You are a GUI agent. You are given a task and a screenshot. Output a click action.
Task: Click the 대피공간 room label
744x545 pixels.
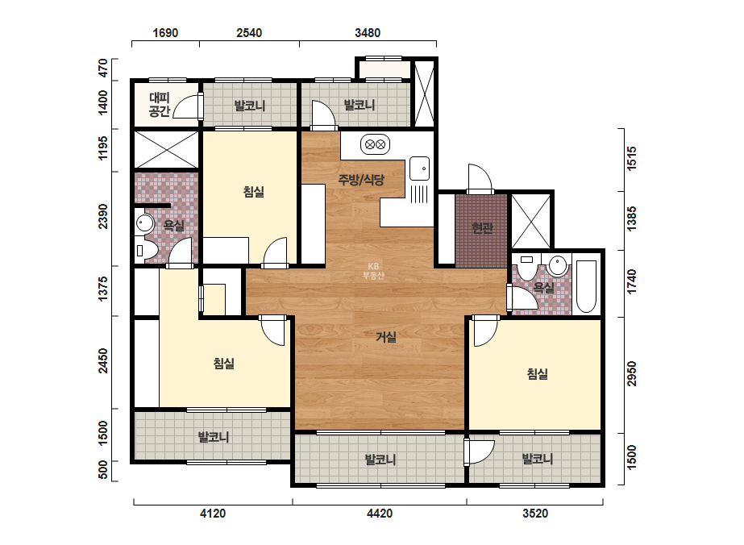(160, 105)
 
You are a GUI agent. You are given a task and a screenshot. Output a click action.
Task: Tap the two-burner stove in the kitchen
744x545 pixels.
(376, 144)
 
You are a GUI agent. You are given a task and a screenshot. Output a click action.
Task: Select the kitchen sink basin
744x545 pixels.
(419, 168)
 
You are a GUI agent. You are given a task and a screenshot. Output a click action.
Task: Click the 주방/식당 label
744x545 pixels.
(361, 180)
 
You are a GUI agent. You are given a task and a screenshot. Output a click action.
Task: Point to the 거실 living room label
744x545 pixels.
(386, 337)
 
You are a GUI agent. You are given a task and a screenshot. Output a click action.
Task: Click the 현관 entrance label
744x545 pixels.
(482, 228)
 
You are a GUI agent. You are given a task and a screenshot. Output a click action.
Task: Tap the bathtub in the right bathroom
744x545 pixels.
(587, 285)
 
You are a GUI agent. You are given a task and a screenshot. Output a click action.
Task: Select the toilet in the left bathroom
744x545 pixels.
(146, 250)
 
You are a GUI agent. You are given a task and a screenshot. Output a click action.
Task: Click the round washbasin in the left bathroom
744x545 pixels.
(144, 223)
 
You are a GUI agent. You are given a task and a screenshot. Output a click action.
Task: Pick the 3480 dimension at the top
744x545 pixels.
(368, 33)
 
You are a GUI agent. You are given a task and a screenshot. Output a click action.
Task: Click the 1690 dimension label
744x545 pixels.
(165, 33)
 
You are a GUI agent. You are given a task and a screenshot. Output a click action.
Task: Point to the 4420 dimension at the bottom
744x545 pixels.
(380, 514)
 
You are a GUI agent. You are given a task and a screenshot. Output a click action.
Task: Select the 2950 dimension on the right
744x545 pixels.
(631, 373)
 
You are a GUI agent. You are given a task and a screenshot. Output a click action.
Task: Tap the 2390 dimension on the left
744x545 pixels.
(102, 217)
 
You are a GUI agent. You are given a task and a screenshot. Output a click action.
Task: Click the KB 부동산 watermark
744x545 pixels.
(373, 271)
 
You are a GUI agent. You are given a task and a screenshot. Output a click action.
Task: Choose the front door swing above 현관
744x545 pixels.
(480, 179)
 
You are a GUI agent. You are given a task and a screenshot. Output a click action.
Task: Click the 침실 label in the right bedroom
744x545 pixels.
(538, 374)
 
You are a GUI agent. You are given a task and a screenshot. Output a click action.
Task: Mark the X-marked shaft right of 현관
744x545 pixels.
(531, 221)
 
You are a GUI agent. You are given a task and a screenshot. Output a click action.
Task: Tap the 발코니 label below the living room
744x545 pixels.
(380, 460)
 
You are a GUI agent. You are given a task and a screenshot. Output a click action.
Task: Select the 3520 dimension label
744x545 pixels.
(535, 514)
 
